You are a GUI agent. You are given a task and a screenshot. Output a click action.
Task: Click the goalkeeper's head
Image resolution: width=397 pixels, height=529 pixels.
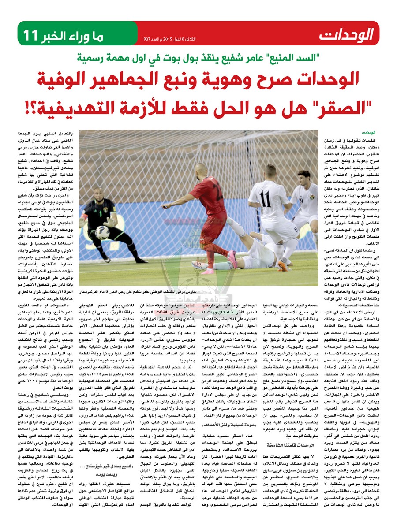click(97, 194)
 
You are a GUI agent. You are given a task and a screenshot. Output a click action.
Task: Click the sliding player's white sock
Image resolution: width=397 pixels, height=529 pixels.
click(216, 266)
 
